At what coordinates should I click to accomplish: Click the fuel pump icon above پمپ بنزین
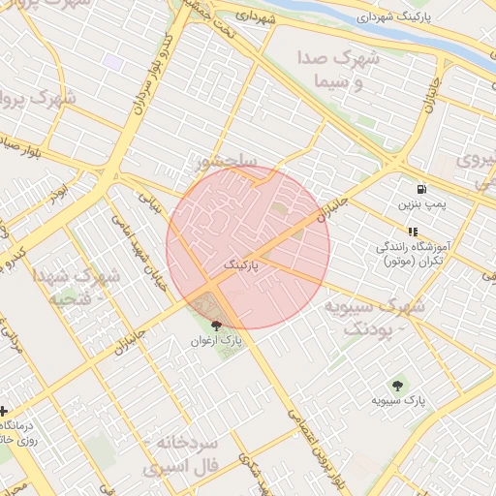[x=420, y=189]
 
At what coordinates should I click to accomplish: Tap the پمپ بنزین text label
[x=420, y=205]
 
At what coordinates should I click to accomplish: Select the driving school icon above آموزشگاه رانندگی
[x=414, y=232]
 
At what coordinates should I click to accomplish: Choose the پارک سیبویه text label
[x=397, y=400]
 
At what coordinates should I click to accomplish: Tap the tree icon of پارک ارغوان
[x=215, y=325]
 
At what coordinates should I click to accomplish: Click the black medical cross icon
[x=4, y=411]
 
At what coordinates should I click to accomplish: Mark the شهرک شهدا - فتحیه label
[x=77, y=287]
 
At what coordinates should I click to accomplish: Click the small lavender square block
[x=114, y=61]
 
